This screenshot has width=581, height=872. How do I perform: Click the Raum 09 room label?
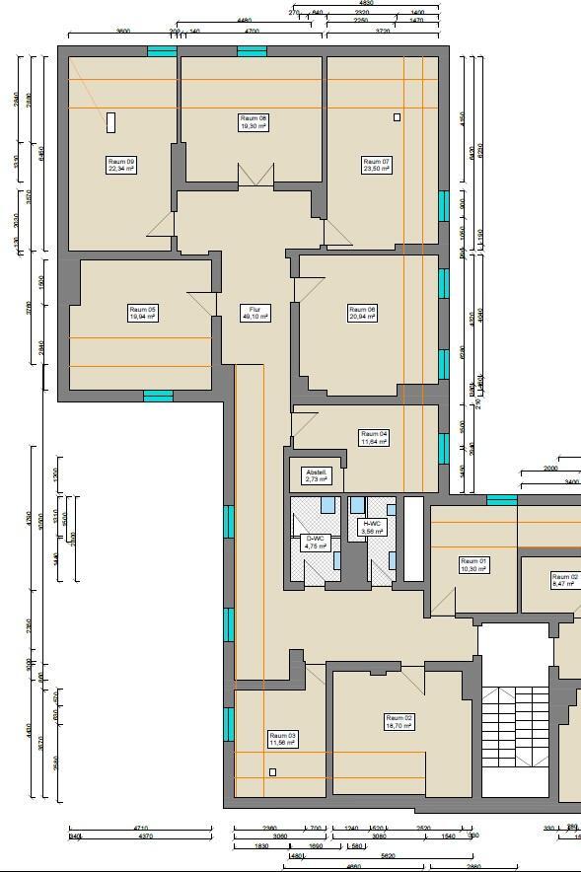pyautogui.click(x=121, y=165)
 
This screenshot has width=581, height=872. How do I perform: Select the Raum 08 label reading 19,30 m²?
pyautogui.click(x=254, y=122)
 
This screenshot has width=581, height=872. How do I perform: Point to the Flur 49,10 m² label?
pyautogui.click(x=254, y=313)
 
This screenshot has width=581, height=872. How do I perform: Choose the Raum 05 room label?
pyautogui.click(x=142, y=313)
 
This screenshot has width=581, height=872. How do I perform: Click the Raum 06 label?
pyautogui.click(x=362, y=313)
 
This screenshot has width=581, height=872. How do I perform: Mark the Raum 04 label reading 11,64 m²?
pyautogui.click(x=374, y=437)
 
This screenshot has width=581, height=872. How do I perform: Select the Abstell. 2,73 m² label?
pyautogui.click(x=317, y=475)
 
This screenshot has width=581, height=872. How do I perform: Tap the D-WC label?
pyautogui.click(x=315, y=542)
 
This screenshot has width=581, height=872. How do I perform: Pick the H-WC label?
pyautogui.click(x=372, y=528)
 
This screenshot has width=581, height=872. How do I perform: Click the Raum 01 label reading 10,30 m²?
pyautogui.click(x=473, y=564)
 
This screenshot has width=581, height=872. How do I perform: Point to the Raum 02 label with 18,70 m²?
pyautogui.click(x=399, y=721)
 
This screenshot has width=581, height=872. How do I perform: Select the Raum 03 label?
pyautogui.click(x=282, y=739)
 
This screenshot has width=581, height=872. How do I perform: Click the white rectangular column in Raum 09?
pyautogui.click(x=111, y=122)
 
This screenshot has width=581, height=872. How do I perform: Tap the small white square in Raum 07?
pyautogui.click(x=398, y=116)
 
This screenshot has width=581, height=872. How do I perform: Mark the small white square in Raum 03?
pyautogui.click(x=273, y=771)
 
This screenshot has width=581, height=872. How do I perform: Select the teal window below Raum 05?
pyautogui.click(x=158, y=397)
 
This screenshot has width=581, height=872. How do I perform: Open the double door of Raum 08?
pyautogui.click(x=254, y=175)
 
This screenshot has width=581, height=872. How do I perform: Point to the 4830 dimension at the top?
pyautogui.click(x=366, y=4)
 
